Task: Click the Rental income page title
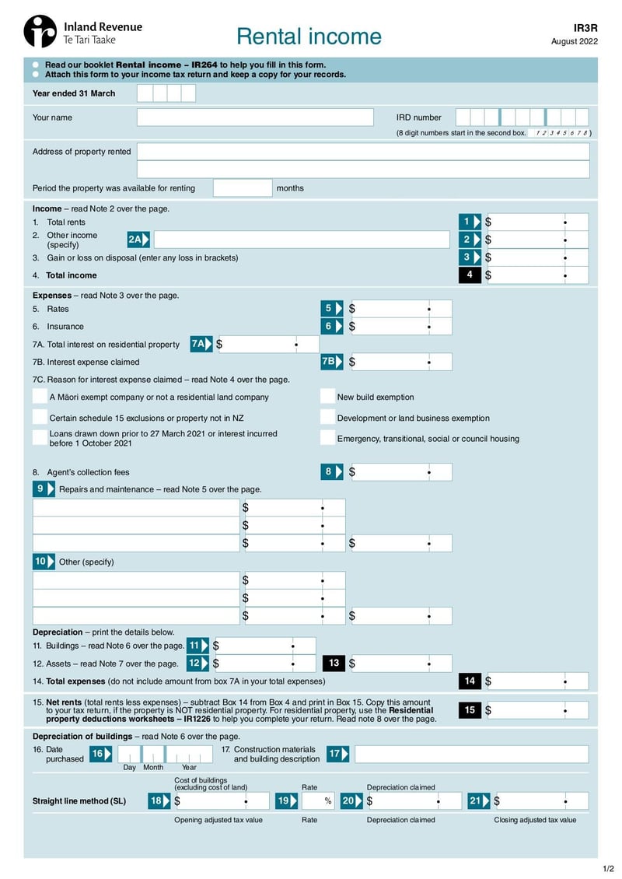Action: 309,37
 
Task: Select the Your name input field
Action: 255,117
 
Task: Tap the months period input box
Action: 243,188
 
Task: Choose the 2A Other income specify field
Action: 302,240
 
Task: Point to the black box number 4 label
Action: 470,275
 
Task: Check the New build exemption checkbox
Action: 327,397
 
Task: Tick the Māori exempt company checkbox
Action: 40,397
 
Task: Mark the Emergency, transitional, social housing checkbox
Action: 327,438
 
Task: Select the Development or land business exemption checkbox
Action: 327,418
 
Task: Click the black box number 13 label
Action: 334,664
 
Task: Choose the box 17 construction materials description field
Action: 471,754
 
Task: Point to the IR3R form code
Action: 585,27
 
